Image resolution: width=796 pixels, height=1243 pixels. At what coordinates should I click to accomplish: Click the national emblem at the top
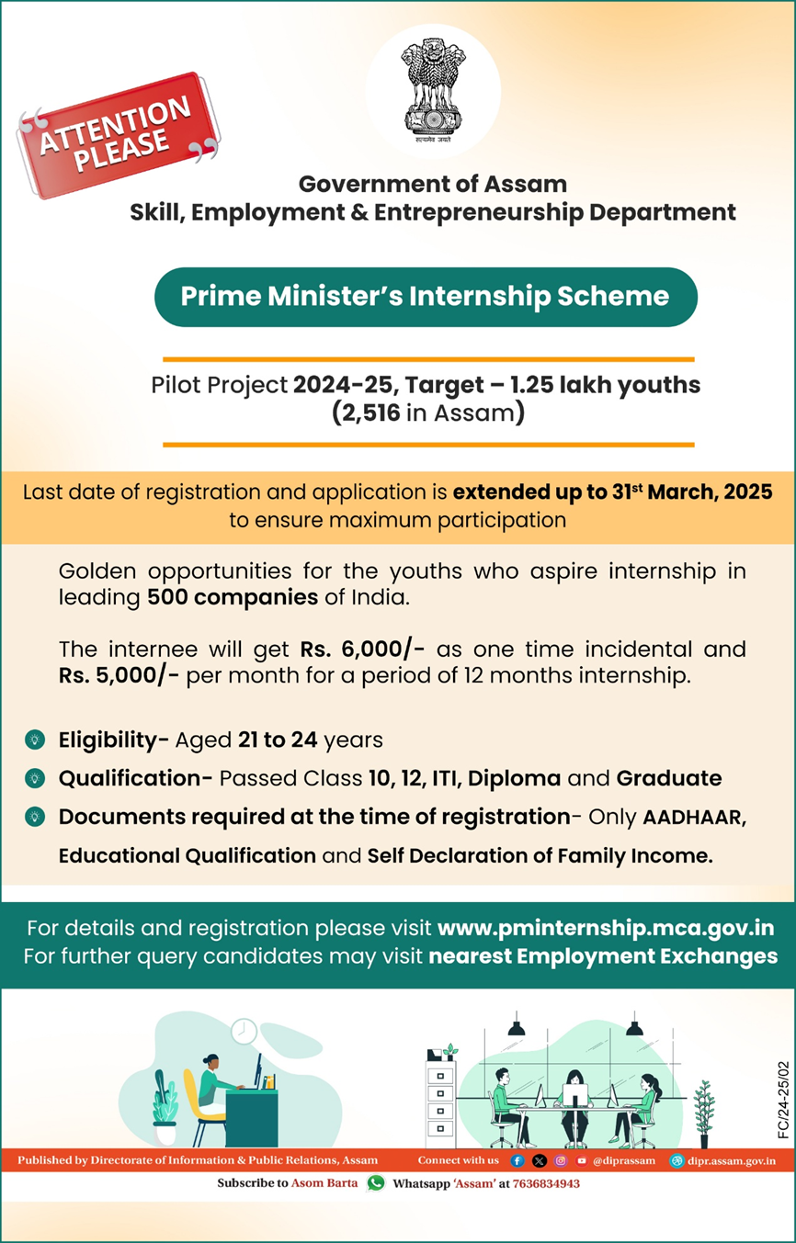point(433,88)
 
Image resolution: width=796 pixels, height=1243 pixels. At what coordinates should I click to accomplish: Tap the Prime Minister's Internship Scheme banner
point(425,297)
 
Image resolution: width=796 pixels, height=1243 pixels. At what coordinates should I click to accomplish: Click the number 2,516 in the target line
point(366,413)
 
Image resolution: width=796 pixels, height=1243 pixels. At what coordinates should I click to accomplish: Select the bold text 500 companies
point(232,596)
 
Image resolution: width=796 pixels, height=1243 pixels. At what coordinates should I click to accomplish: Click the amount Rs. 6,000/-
point(361,650)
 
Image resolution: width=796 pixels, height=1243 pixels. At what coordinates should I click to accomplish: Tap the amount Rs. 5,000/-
point(118,677)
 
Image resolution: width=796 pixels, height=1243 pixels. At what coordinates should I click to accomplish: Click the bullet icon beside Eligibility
point(34,739)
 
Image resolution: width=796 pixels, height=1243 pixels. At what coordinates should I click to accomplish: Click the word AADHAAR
point(694,817)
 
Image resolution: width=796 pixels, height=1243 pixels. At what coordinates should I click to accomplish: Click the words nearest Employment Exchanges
point(603,955)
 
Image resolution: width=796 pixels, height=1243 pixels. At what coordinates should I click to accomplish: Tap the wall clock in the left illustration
point(244,1030)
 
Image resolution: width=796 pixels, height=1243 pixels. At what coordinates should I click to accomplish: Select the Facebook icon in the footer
point(517,1160)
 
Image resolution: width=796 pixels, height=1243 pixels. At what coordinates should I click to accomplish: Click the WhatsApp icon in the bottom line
point(375,1183)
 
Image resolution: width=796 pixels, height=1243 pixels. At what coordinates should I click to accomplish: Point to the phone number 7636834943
point(546,1183)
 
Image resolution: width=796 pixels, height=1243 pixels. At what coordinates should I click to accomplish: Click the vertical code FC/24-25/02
point(783,1101)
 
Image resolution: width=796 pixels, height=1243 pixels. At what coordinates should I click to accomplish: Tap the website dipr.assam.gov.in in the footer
point(731,1160)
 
